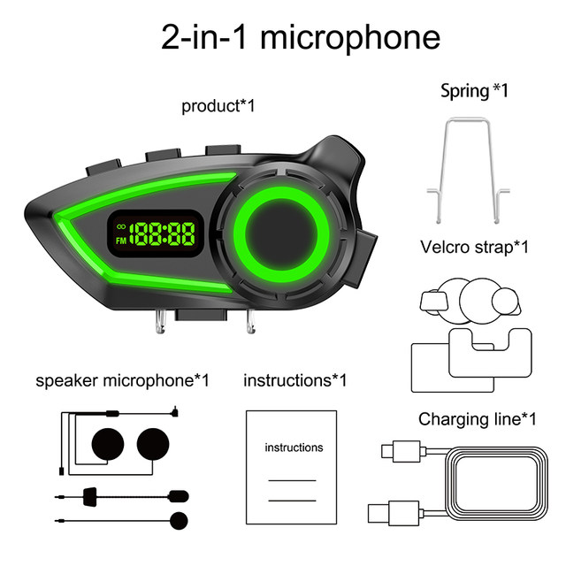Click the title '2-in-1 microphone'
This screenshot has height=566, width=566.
pyautogui.click(x=300, y=37)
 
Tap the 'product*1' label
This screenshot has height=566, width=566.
pyautogui.click(x=218, y=106)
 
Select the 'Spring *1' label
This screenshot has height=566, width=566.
pyautogui.click(x=475, y=90)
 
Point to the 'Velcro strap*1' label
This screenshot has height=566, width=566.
pyautogui.click(x=474, y=247)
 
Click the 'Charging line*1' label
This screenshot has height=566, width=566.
pyautogui.click(x=478, y=418)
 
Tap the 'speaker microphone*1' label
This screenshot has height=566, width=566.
pyautogui.click(x=122, y=380)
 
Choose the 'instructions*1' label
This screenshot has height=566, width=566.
pyautogui.click(x=294, y=380)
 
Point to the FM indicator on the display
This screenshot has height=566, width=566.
pyautogui.click(x=119, y=239)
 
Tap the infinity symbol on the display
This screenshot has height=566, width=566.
pyautogui.click(x=119, y=226)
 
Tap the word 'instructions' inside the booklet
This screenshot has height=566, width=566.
pyautogui.click(x=294, y=447)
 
